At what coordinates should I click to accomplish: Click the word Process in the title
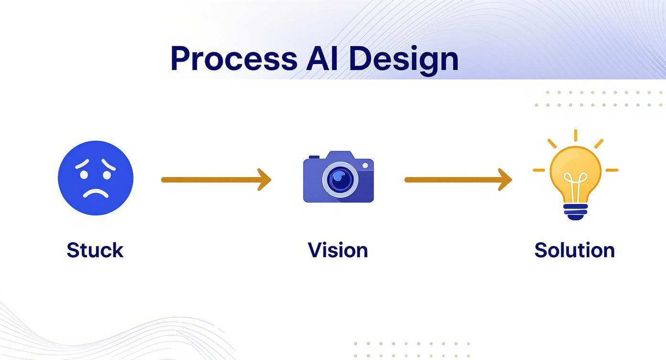pyautogui.click(x=233, y=59)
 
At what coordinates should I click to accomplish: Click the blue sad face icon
pyautogui.click(x=96, y=178)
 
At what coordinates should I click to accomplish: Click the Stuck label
pyautogui.click(x=95, y=250)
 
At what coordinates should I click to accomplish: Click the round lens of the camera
pyautogui.click(x=340, y=180)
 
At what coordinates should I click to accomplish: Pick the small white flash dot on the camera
pyautogui.click(x=365, y=165)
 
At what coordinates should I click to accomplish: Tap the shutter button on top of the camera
pyautogui.click(x=314, y=157)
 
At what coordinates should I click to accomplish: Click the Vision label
pyautogui.click(x=338, y=250)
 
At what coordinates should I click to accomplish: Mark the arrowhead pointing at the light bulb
pyautogui.click(x=506, y=180)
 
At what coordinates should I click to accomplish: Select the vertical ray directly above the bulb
pyautogui.click(x=575, y=135)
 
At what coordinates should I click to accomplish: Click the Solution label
pyautogui.click(x=574, y=250)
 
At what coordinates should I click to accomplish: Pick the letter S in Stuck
pyautogui.click(x=73, y=250)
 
